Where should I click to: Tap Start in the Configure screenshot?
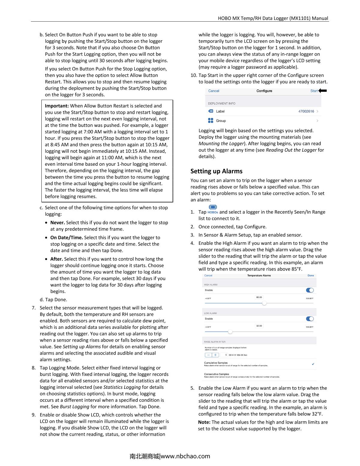click(x=314, y=91)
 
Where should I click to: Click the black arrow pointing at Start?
click(x=323, y=91)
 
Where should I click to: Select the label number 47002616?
click(x=306, y=111)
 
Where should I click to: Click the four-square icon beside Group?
click(x=211, y=120)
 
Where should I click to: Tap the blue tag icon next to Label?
click(x=211, y=111)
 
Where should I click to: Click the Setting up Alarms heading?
click(x=216, y=171)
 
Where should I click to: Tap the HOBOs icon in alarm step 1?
click(x=213, y=209)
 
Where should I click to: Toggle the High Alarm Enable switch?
click(x=310, y=290)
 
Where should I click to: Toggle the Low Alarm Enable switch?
click(x=310, y=319)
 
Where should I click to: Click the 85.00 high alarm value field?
click(x=259, y=297)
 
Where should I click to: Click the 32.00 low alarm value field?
click(x=259, y=326)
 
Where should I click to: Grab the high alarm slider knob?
click(x=264, y=303)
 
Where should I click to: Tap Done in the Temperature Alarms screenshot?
click(x=310, y=275)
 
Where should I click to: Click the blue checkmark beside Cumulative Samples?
click(x=313, y=364)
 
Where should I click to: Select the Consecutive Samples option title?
click(x=216, y=374)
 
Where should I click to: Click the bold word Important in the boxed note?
click(x=57, y=106)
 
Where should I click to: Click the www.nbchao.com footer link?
click(x=185, y=456)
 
